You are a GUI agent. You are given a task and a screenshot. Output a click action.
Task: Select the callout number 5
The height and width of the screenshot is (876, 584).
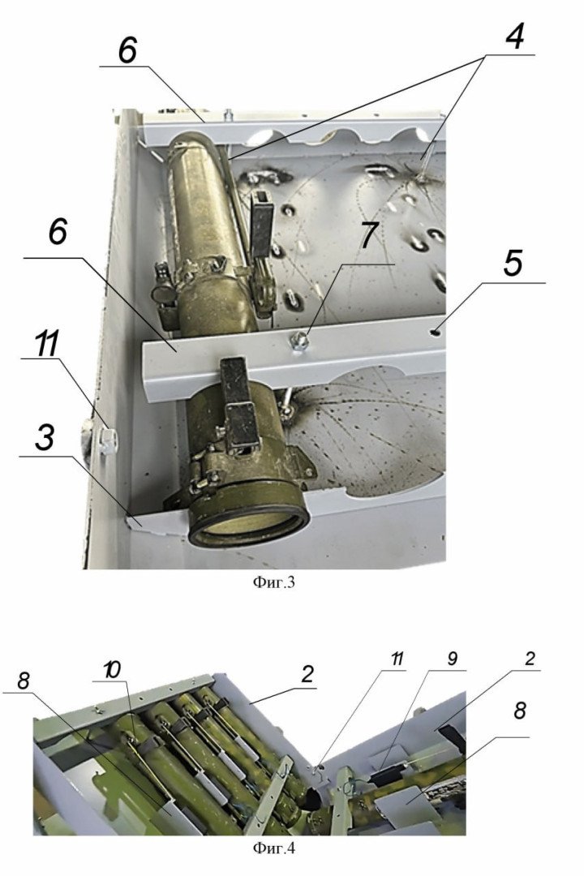(x=513, y=264)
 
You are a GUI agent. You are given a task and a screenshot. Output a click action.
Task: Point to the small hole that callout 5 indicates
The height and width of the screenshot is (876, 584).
(x=436, y=330)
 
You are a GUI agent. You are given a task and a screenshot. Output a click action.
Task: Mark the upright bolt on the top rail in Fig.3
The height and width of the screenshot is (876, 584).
(x=230, y=115)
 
